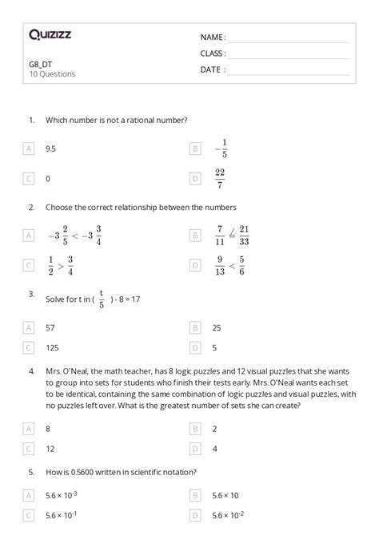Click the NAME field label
point(213,38)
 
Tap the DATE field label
point(213,69)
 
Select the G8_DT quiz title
point(41,63)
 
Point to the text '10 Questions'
point(52,73)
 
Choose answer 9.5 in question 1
point(51,149)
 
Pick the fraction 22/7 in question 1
point(221,179)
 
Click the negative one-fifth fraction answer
point(221,149)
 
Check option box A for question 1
point(30,149)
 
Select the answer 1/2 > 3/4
point(60,265)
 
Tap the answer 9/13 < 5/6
point(229,265)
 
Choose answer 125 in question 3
point(53,347)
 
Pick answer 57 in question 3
point(51,327)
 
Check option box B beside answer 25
point(195,327)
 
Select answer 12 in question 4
point(50,449)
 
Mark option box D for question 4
point(195,449)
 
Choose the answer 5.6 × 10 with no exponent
point(225,495)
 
